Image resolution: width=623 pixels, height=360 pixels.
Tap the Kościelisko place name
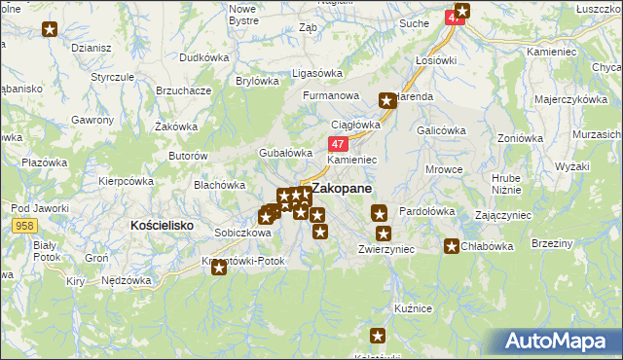tap(163, 224)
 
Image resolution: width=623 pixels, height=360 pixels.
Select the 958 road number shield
tap(25, 225)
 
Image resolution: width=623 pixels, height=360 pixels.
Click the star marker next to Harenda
tap(387, 99)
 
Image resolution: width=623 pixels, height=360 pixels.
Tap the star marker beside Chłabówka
tap(452, 246)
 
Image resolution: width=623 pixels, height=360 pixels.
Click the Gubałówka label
tap(284, 153)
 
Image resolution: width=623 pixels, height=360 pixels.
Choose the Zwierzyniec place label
tap(386, 249)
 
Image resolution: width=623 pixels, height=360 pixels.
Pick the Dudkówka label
tap(209, 57)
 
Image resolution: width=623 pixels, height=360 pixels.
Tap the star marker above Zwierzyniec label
tap(384, 234)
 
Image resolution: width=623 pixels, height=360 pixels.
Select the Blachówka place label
tap(219, 184)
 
